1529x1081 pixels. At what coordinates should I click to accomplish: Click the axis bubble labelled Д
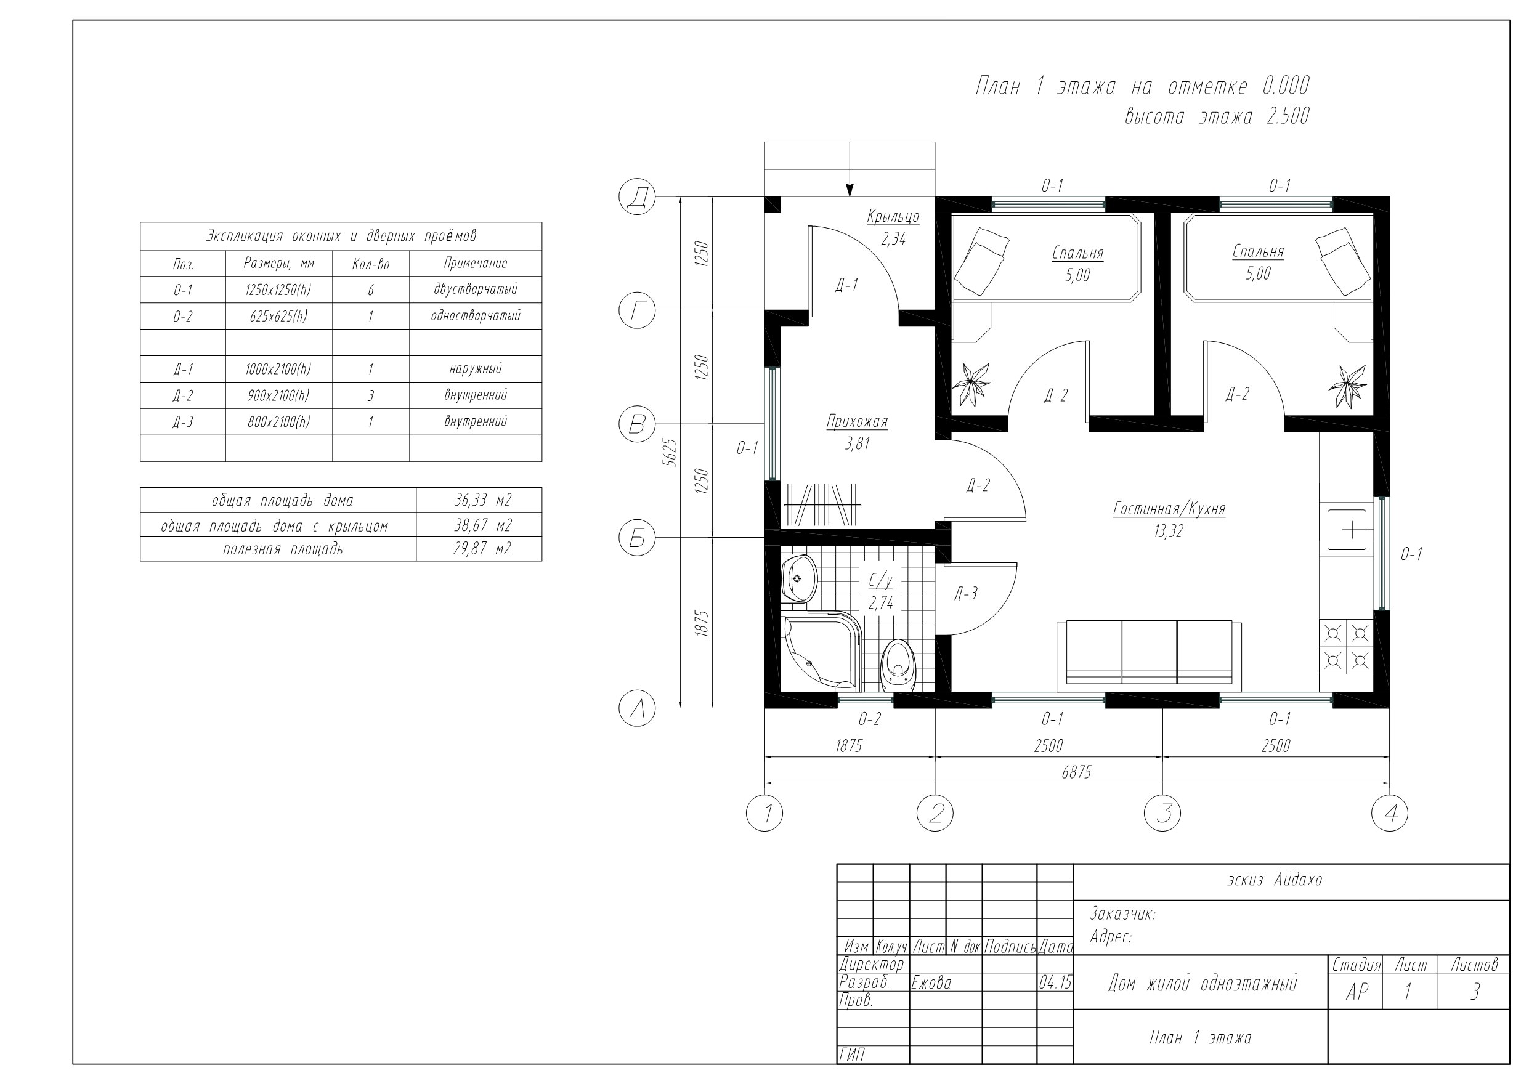click(x=638, y=196)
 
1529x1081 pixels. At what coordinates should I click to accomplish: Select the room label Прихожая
click(x=857, y=421)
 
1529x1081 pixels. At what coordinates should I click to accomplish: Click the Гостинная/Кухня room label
click(x=1169, y=509)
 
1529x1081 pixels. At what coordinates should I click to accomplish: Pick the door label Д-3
click(x=965, y=593)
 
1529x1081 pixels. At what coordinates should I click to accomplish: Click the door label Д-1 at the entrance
click(x=846, y=285)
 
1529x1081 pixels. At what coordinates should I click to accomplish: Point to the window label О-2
click(x=869, y=719)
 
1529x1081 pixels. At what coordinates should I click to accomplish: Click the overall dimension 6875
click(x=1076, y=772)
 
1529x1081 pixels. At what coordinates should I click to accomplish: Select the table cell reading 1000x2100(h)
click(x=278, y=369)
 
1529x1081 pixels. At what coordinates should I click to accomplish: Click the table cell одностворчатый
click(x=476, y=316)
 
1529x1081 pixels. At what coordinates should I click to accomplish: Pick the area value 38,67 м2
click(x=483, y=525)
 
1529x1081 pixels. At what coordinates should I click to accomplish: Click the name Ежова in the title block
click(x=931, y=982)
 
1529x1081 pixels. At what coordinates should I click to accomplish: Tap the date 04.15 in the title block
click(x=1055, y=982)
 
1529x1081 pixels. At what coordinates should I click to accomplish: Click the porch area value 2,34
click(x=893, y=239)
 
